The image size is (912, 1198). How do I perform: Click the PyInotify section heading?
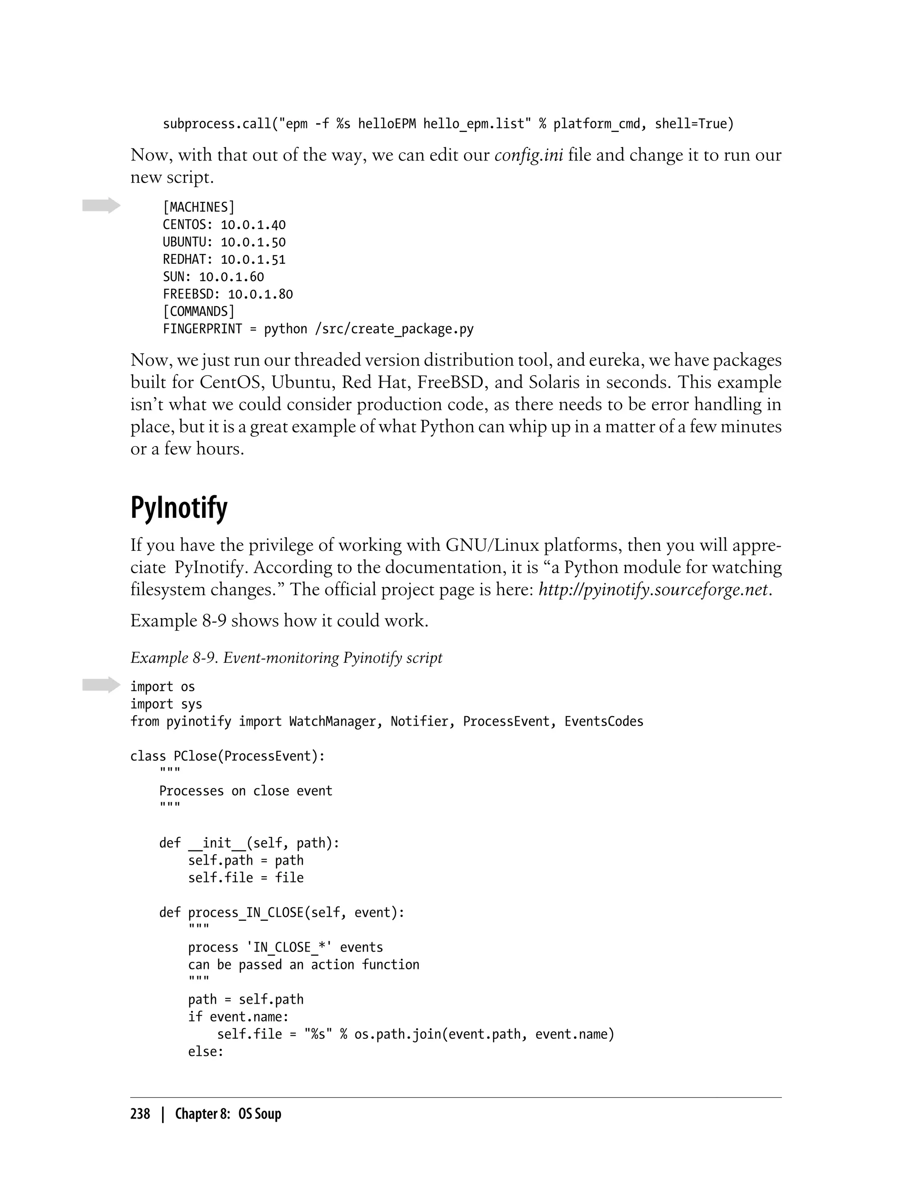179,508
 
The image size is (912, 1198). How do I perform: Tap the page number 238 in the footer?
140,1113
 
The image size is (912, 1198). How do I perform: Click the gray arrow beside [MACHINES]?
101,205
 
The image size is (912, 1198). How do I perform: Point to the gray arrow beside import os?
101,685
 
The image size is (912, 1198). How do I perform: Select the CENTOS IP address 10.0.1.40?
253,225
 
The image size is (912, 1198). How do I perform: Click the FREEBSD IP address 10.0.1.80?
260,295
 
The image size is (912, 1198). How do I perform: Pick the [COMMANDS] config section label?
199,312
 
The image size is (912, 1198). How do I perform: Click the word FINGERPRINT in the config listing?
202,329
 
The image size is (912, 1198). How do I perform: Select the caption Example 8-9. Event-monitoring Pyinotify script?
286,658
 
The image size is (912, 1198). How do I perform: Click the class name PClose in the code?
195,756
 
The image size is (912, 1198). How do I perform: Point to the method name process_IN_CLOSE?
245,913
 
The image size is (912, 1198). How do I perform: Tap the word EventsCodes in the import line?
604,722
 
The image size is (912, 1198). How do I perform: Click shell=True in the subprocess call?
694,124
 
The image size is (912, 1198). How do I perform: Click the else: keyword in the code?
206,1052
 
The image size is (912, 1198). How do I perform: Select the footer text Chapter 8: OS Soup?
228,1113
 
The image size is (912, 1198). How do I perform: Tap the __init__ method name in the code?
216,843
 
